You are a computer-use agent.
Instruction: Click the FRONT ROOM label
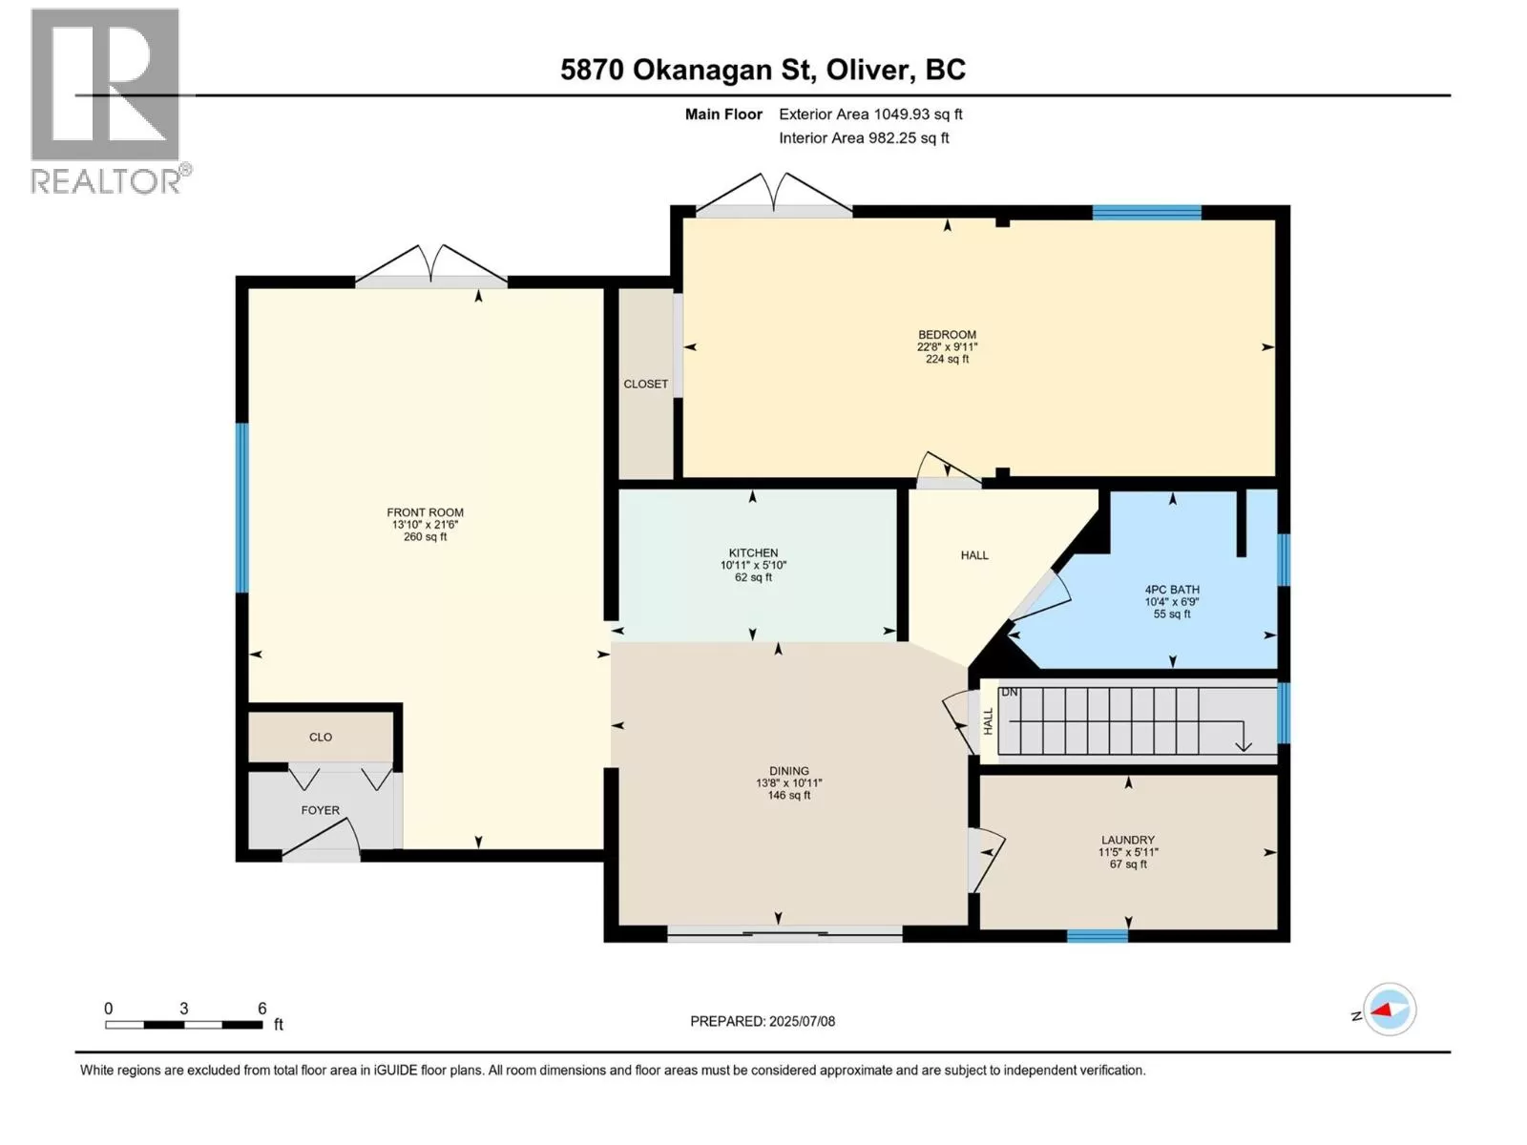425,512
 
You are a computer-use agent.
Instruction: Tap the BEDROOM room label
947,334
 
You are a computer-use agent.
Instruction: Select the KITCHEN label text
753,552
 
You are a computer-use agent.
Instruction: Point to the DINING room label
789,770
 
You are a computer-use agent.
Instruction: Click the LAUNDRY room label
1128,840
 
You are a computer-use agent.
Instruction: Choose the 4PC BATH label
1172,590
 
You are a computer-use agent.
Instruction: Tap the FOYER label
320,810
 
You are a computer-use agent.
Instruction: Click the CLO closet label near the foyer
321,737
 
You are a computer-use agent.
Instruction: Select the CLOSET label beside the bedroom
645,384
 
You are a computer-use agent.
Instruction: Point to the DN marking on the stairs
1008,693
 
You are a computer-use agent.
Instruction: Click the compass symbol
1390,1010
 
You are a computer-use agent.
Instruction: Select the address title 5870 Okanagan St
687,71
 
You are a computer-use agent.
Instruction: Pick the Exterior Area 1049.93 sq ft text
870,114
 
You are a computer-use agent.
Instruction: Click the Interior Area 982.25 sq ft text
864,137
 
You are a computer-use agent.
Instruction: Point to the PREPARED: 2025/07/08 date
763,1021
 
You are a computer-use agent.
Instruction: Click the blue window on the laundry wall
1098,936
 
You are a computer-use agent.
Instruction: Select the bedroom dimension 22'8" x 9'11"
947,347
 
